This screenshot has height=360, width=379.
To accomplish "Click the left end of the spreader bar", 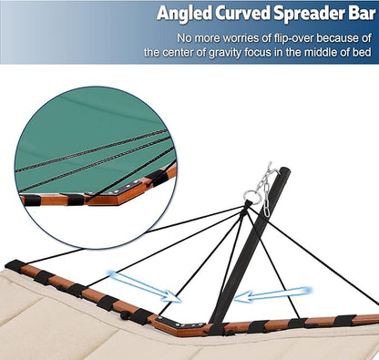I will [x=13, y=266].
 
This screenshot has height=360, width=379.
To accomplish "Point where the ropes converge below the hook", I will [x=247, y=207].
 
